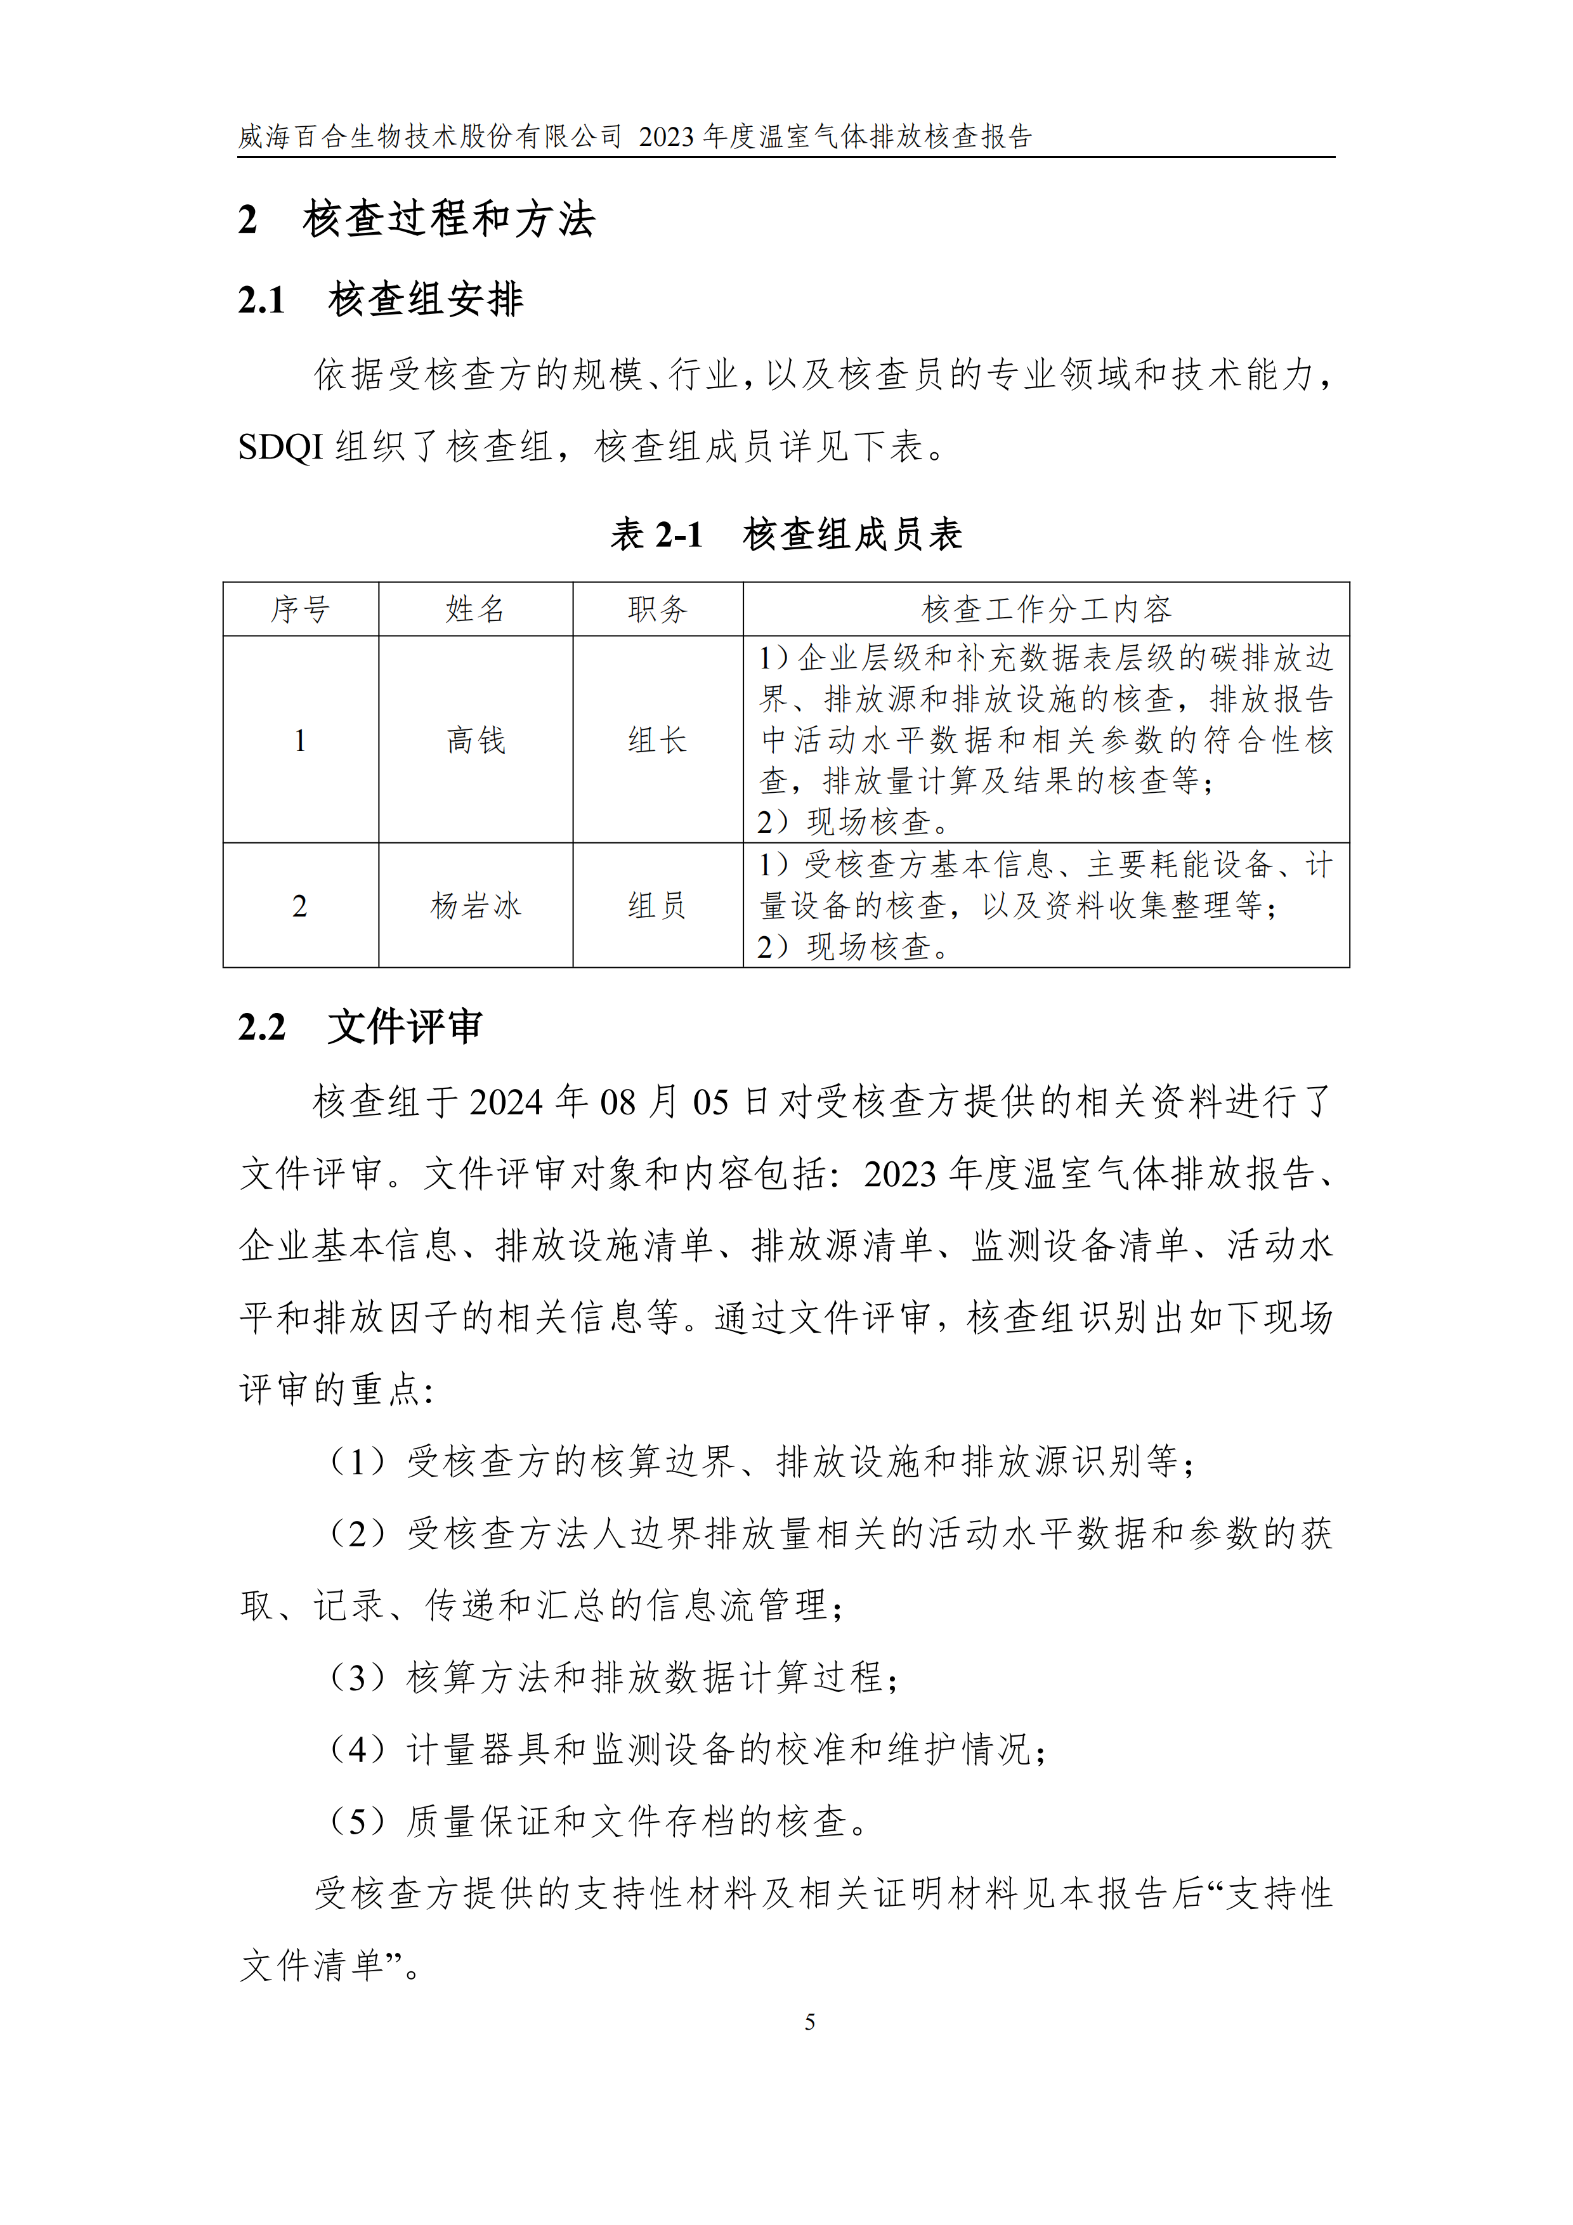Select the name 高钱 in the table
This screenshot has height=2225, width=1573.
click(x=476, y=740)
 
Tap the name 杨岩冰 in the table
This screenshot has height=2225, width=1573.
click(x=476, y=906)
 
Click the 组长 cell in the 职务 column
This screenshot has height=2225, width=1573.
click(x=657, y=740)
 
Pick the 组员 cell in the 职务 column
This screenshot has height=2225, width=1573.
click(x=657, y=906)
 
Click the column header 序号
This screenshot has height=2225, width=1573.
click(x=301, y=610)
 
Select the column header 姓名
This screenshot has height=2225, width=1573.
click(x=476, y=610)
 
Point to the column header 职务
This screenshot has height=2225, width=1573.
click(x=657, y=610)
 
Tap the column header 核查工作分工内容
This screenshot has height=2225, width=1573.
click(x=1046, y=610)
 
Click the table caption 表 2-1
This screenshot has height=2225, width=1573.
click(x=656, y=535)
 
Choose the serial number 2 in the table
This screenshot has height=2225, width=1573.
click(x=301, y=907)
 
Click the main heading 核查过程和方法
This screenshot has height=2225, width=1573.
click(x=448, y=219)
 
